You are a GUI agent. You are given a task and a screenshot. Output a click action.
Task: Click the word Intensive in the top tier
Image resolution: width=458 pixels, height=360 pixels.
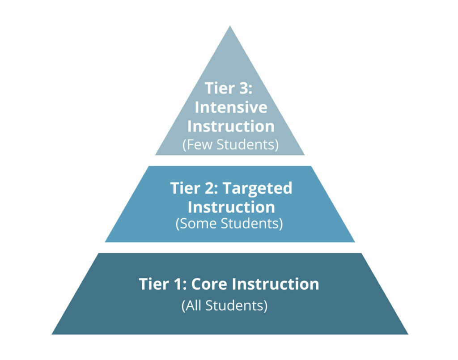(x=231, y=107)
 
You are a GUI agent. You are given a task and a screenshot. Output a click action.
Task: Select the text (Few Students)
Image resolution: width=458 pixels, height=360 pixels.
(x=230, y=144)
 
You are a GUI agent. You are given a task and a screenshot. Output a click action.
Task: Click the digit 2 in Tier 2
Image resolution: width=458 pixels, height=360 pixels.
(x=209, y=188)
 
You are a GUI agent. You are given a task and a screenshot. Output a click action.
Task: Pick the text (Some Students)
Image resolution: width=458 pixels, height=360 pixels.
(x=229, y=223)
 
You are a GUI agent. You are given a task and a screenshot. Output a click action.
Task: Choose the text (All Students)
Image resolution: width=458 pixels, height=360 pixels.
(x=225, y=306)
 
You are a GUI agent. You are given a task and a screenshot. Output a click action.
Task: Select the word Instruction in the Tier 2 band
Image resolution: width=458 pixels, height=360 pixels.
(x=231, y=207)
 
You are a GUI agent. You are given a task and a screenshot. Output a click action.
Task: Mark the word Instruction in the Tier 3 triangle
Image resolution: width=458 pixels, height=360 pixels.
(x=231, y=126)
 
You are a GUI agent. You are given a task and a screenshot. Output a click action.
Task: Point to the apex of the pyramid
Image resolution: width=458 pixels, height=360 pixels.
(x=230, y=26)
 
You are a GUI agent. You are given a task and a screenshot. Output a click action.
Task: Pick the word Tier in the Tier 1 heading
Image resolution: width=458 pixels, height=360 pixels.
(x=154, y=284)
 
